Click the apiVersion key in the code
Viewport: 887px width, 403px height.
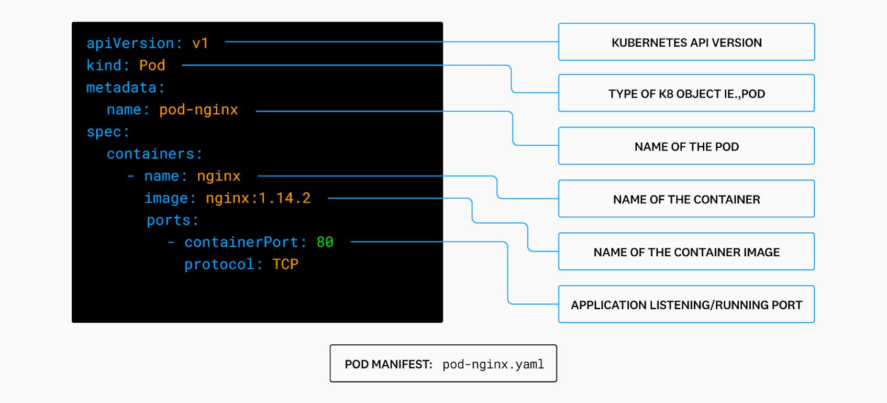coord(130,43)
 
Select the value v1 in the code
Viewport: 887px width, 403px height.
coord(201,43)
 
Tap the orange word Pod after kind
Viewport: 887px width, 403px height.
coord(152,66)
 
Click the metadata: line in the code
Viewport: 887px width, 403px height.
coord(125,88)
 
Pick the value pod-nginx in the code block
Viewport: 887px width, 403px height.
coord(198,110)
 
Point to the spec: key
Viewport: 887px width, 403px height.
coord(107,132)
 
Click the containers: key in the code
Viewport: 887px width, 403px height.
coord(154,154)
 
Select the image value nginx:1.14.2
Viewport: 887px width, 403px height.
coord(258,198)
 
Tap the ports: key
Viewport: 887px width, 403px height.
coord(172,220)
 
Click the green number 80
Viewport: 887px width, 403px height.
coord(325,242)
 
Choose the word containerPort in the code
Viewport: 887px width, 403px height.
coord(241,242)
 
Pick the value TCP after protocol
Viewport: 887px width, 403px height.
coord(285,264)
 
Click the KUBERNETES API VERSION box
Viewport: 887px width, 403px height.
coord(686,42)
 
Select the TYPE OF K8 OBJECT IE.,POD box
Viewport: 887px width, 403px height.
coord(686,94)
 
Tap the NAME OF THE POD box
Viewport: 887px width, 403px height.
coord(686,147)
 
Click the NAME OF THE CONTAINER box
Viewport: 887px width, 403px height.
coord(686,199)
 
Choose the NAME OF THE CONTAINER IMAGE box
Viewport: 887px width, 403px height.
coord(686,252)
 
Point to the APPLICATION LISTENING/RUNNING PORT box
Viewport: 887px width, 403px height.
coord(686,305)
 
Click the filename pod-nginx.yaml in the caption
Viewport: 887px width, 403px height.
coord(493,364)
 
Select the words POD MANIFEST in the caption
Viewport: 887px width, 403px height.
coord(388,364)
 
